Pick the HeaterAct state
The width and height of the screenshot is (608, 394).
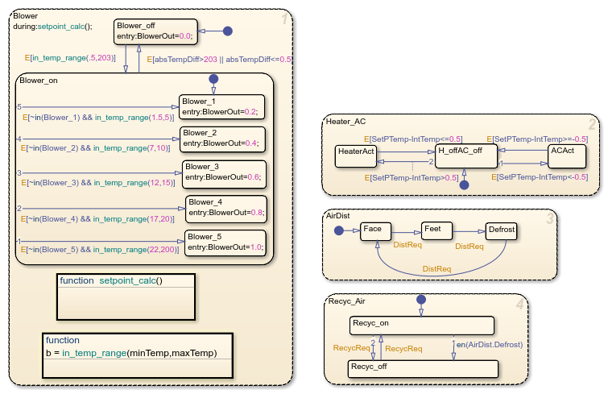356,156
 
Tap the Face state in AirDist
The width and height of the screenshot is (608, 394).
375,232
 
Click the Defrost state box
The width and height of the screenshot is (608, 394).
500,232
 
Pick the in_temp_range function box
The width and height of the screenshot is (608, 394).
137,346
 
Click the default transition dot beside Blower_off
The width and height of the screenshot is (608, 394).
227,31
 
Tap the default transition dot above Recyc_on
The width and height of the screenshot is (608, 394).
420,300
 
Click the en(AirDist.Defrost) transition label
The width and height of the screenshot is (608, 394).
490,345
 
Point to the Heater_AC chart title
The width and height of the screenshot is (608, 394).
347,122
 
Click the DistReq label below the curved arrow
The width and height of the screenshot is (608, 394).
436,268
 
